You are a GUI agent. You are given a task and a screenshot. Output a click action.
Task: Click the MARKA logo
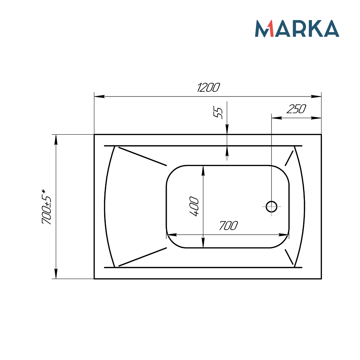[x=297, y=29]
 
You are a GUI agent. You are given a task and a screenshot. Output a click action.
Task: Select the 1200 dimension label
[x=208, y=88]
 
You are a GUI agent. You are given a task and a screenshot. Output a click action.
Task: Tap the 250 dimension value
[x=296, y=109]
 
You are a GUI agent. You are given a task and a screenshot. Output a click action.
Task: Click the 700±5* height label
[x=47, y=207]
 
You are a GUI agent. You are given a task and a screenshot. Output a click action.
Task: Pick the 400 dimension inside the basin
[x=194, y=206]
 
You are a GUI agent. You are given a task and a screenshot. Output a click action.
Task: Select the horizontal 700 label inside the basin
[x=228, y=226]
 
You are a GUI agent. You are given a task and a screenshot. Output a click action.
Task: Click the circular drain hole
[x=271, y=206]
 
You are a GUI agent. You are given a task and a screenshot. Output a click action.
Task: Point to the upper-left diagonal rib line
[x=143, y=156]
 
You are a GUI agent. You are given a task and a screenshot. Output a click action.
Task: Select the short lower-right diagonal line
[x=289, y=256]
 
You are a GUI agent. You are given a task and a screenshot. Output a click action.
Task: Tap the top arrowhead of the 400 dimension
[x=203, y=170]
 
